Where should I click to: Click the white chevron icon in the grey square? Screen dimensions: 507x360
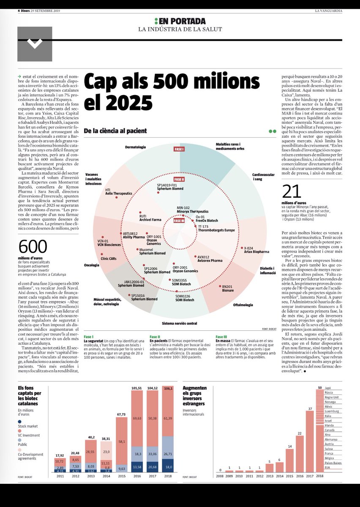tap(35, 44)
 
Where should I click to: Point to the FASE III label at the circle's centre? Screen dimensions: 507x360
tap(180, 220)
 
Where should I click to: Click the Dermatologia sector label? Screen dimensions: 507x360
tap(135, 147)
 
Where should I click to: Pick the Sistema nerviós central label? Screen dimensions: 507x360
tap(179, 323)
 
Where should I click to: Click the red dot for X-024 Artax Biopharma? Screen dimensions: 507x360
tap(241, 248)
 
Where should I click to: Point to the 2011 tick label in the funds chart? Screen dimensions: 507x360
tap(60, 476)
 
